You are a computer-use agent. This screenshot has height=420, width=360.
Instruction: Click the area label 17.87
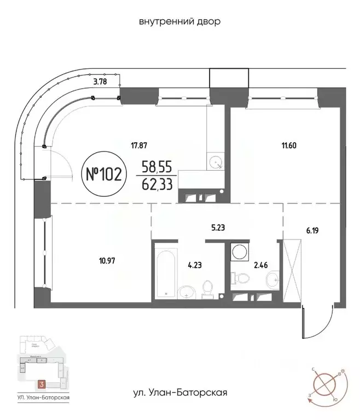(140, 145)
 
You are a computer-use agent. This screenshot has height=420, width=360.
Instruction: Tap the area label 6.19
(312, 230)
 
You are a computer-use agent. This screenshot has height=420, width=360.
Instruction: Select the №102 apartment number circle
(104, 174)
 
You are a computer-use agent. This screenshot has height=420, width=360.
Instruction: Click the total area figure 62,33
(157, 184)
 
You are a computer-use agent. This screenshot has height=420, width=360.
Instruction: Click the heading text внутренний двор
(180, 21)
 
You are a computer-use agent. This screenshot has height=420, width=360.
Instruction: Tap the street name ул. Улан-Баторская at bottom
(180, 392)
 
